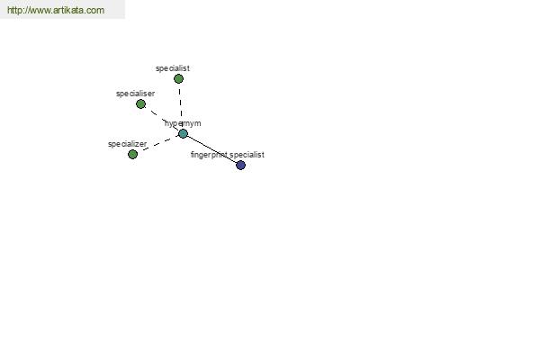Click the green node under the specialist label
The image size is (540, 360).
[x=178, y=79]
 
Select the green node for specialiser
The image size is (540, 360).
[x=140, y=104]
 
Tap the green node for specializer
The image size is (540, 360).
[x=132, y=154]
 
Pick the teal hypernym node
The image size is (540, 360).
[x=183, y=134]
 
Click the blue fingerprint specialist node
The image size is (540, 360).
[x=240, y=166]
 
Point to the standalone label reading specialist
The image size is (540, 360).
[x=173, y=68]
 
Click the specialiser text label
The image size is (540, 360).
[x=135, y=94]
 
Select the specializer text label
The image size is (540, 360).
[x=128, y=144]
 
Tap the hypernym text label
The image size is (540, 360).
[x=183, y=123]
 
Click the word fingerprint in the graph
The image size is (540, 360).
[x=209, y=155]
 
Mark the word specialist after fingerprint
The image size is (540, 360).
[x=247, y=155]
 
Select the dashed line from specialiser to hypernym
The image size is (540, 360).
[x=162, y=119]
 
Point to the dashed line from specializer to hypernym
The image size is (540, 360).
[x=157, y=144]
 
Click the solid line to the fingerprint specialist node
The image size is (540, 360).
[x=211, y=149]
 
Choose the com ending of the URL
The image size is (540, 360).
[x=95, y=11]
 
